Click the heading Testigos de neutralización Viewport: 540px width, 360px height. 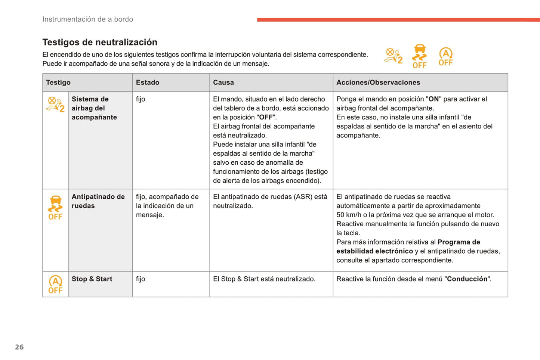100,42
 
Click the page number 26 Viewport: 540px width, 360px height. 19,347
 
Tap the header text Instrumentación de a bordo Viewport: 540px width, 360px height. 88,19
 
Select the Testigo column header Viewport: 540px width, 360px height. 58,83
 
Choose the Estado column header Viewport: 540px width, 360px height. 148,83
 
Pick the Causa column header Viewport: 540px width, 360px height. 223,83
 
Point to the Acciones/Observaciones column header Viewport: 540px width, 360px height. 378,83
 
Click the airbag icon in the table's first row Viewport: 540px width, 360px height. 55,104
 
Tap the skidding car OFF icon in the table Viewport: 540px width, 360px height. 55,208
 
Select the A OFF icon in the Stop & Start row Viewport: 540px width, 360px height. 55,285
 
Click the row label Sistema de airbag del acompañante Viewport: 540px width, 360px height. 94,108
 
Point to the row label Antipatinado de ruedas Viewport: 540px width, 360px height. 98,201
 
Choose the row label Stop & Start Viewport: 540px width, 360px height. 92,279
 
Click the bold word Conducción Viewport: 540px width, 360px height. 468,279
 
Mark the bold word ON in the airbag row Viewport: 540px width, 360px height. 433,99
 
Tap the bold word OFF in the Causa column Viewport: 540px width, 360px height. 266,117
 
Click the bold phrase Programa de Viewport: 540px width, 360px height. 459,242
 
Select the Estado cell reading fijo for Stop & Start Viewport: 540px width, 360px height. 141,279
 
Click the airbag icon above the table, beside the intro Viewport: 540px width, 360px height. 394,56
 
